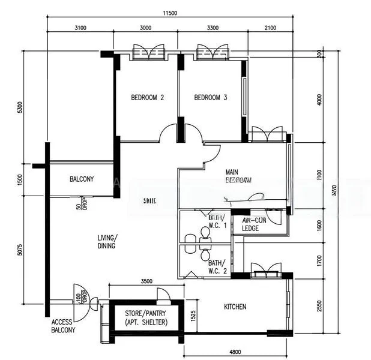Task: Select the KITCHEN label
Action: click(235, 307)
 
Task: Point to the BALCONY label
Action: click(81, 179)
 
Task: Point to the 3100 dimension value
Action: click(80, 28)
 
